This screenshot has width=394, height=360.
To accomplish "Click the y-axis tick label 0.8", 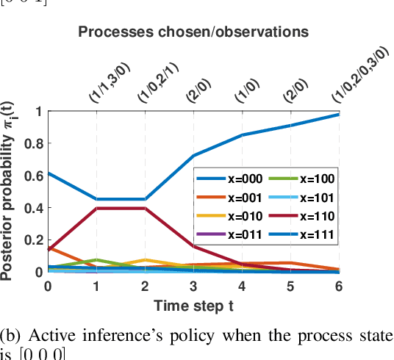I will click(33, 145).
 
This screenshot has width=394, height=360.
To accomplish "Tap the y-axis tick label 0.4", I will click(33, 208).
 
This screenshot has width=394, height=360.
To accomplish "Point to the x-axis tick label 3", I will click(193, 286).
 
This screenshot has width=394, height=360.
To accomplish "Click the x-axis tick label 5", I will click(290, 286).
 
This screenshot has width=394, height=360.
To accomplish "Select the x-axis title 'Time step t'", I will click(193, 303).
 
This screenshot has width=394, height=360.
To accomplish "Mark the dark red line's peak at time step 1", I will click(97, 208).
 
